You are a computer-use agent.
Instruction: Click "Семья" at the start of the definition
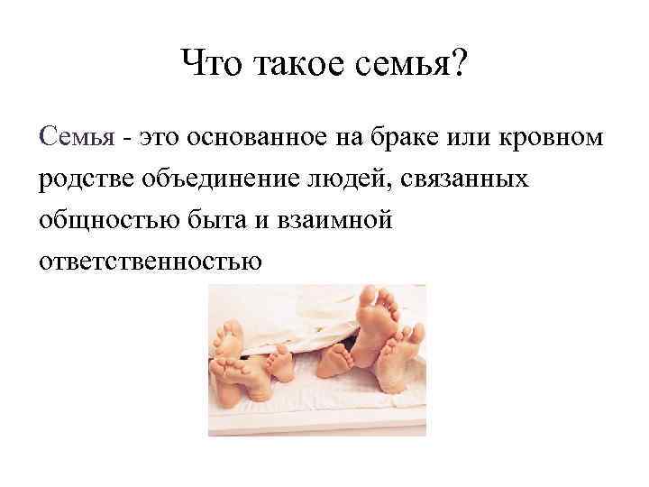78,138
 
